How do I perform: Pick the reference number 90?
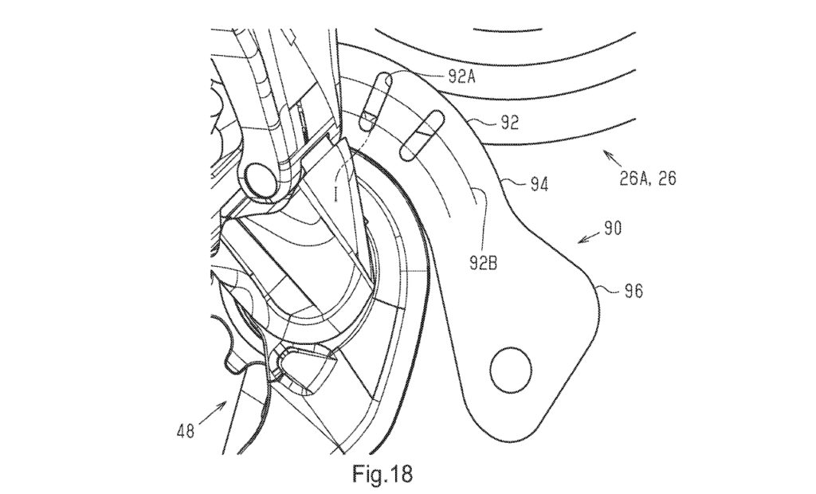pos(613,228)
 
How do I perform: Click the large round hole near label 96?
pos(510,370)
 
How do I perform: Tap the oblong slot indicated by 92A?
pos(374,101)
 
